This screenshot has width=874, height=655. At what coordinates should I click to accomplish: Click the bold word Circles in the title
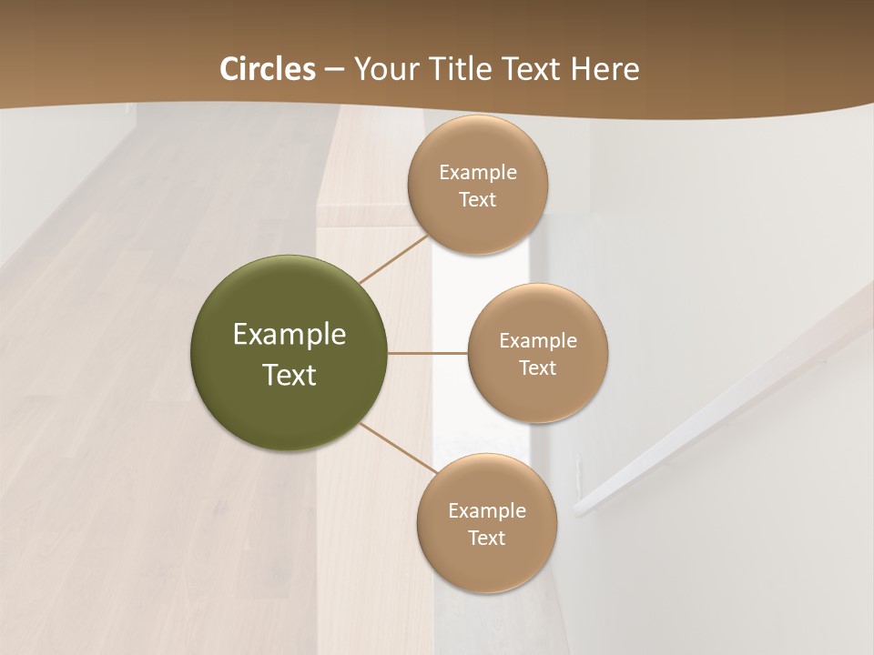point(268,69)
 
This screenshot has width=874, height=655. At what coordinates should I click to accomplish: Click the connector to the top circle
point(393,258)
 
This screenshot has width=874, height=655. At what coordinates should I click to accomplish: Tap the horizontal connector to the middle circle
point(428,353)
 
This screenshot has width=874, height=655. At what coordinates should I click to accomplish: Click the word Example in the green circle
point(290,335)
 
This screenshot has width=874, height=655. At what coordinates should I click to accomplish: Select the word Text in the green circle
point(290,375)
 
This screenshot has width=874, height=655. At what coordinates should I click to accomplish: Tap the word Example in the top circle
point(478,173)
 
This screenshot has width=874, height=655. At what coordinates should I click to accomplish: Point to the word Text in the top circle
point(478,200)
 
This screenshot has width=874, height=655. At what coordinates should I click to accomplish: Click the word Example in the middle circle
point(538,341)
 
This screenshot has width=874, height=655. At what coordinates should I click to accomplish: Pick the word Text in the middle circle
point(538,368)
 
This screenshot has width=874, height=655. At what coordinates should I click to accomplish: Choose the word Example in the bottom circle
point(487,511)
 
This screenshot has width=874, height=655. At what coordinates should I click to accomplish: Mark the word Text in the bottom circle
point(487,539)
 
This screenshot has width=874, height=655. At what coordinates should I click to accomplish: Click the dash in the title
point(333,70)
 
